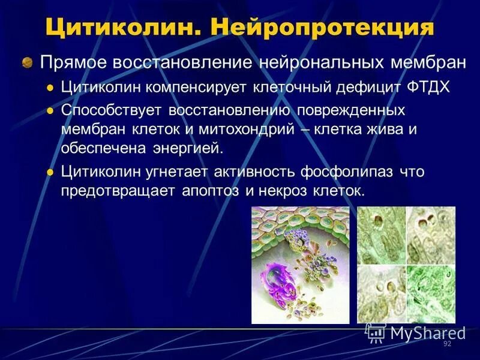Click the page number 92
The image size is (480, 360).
click(446, 343)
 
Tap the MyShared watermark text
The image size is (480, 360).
click(427, 332)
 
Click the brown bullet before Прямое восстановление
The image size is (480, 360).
click(27, 62)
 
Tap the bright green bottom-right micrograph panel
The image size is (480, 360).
click(431, 294)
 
